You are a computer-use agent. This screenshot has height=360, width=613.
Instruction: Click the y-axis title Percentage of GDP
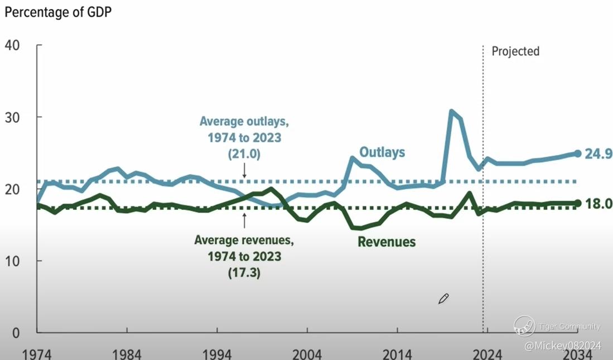tap(58, 13)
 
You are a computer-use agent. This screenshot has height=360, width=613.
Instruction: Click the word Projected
tap(515, 51)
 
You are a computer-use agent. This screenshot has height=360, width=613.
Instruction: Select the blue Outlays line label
tap(382, 152)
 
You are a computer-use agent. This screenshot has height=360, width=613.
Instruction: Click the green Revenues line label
tap(387, 242)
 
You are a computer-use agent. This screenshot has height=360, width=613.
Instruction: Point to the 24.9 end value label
tap(598, 153)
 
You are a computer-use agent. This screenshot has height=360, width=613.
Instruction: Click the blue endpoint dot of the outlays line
tap(578, 153)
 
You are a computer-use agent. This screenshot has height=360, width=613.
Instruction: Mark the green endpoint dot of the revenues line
tap(578, 203)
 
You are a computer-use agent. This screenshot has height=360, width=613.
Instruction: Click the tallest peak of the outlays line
tap(451, 111)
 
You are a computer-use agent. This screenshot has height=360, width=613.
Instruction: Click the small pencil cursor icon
tap(443, 299)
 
